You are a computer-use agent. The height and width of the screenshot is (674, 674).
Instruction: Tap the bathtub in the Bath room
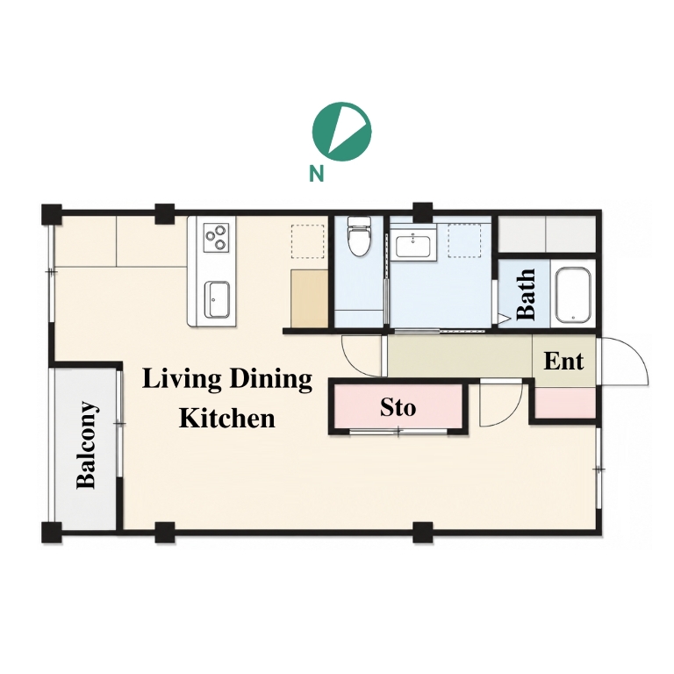coord(572,296)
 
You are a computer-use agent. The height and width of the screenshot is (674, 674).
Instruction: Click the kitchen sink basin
coord(216,298)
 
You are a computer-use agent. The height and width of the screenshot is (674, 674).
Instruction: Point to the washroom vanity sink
coord(413,246)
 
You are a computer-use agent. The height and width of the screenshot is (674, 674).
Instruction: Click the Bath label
coord(527,295)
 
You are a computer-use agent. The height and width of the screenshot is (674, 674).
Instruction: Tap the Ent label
coord(563,361)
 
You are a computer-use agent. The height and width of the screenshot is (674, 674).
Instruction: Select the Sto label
coord(398,407)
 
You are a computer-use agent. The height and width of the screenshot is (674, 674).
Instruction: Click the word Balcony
coord(86,445)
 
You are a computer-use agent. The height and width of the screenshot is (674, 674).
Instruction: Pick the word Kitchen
coord(227,418)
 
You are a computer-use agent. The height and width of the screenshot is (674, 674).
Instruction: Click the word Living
coord(182,380)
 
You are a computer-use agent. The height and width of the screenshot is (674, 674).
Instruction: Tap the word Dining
coord(271,380)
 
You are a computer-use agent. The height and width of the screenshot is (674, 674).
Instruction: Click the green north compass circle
coord(341,132)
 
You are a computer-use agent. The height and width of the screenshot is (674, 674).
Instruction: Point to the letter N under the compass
coord(316,174)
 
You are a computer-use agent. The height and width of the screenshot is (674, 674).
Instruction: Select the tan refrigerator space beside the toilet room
coord(310,298)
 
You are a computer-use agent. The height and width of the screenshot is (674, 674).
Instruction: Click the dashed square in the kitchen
coord(308,241)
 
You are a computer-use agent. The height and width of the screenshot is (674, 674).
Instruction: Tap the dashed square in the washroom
coord(464,240)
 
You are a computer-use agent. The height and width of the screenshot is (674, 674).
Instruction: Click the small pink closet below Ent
coord(565,402)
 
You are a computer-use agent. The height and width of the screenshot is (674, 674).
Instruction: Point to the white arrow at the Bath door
coord(504,318)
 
